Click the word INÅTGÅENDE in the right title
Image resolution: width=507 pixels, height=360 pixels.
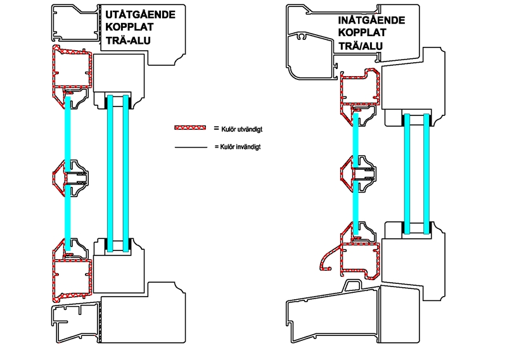point(371,20)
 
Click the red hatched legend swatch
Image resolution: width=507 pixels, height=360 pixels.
point(191,128)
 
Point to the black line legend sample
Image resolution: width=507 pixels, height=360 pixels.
point(191,147)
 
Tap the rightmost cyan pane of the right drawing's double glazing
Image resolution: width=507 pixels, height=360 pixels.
point(427,171)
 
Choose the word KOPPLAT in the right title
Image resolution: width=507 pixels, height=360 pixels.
point(363,32)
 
